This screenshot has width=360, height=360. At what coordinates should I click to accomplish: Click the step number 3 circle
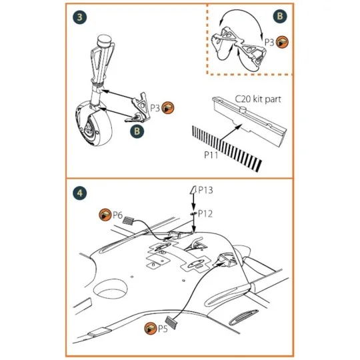coord(79,17)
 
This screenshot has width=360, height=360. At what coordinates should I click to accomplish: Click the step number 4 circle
coord(79,192)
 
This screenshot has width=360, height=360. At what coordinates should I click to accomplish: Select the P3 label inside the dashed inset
coord(269,42)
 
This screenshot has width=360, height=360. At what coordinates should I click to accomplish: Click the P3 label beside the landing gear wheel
coord(154,107)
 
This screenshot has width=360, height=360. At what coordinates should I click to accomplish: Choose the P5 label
coord(161,329)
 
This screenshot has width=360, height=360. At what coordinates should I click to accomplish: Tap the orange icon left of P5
coord(147,329)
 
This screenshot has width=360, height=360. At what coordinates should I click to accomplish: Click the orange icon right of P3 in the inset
coord(283,42)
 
